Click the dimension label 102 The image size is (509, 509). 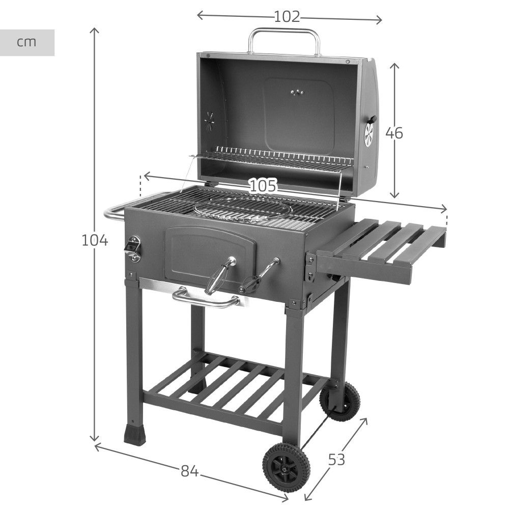tap(287, 17)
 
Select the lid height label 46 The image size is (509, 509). tap(394, 133)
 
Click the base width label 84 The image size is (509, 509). tap(189, 472)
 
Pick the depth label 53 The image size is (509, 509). tap(336, 460)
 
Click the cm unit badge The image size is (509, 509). tap(27, 42)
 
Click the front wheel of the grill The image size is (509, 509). tap(282, 466)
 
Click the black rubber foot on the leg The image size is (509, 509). tap(133, 434)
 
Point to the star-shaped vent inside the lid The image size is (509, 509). tap(209, 121)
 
